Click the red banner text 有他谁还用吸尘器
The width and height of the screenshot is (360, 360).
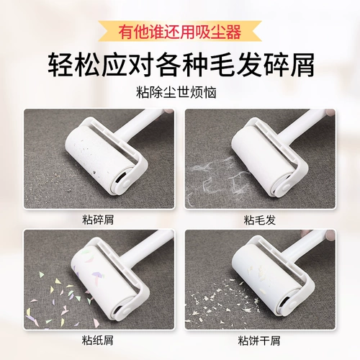[180, 32]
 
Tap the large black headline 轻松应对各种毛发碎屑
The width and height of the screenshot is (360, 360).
[181, 65]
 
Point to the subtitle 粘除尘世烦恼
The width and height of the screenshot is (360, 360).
[176, 92]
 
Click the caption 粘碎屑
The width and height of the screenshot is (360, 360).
[98, 220]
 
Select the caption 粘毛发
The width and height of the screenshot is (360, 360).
[260, 220]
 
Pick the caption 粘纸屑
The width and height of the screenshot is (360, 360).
[97, 341]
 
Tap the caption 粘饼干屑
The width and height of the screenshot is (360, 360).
[259, 341]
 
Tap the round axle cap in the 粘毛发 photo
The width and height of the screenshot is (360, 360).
[287, 186]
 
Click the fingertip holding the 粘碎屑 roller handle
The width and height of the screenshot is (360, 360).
[170, 112]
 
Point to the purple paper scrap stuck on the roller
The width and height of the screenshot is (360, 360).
[97, 276]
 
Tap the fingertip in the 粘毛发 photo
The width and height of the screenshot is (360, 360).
[330, 112]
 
